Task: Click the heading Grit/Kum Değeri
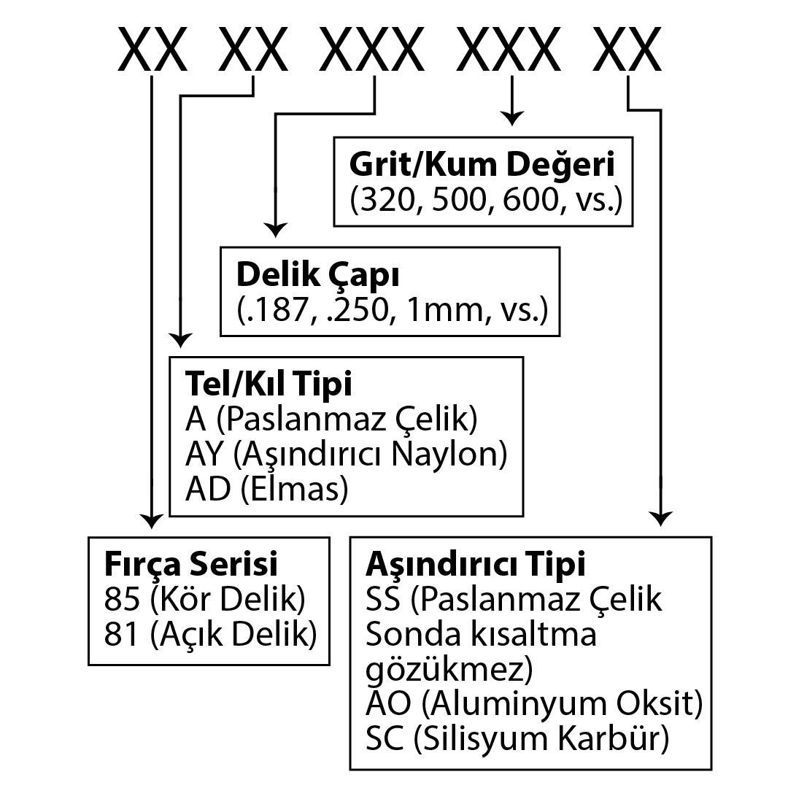coord(482,164)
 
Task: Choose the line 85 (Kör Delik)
coord(204,600)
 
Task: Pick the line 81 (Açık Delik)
coord(210,635)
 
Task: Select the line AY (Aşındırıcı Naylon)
coord(345,454)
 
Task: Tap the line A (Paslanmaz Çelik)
coord(331,419)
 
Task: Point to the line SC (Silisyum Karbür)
coord(517,739)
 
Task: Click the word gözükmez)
coord(449,670)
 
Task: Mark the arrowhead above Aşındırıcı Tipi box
coord(660,518)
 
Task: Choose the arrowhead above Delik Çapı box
coord(275,230)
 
